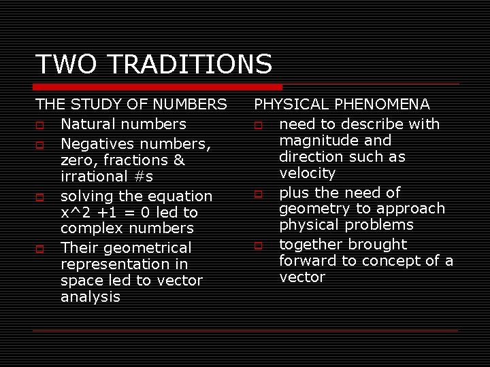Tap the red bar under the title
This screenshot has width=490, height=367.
[159, 87]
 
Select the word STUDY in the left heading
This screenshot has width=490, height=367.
[101, 105]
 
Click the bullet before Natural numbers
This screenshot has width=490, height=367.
[40, 125]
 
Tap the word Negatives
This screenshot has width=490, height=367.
[99, 143]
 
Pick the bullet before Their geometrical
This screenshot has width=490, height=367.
[40, 249]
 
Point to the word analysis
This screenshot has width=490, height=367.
[90, 297]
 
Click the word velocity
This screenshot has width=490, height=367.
[307, 173]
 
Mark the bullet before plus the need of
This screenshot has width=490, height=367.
[259, 194]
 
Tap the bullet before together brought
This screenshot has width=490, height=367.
[259, 245]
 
